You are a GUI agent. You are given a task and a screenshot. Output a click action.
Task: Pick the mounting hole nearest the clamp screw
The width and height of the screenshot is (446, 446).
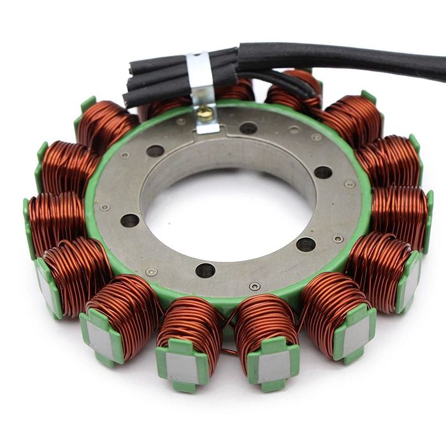click(x=248, y=127)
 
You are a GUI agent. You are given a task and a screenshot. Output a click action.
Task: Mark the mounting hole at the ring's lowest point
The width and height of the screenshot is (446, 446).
click(x=205, y=270)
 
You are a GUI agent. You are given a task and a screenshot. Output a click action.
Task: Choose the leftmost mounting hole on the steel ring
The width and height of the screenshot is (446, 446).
click(x=129, y=220)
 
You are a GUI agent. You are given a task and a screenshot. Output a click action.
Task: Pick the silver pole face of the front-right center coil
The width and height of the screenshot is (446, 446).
click(x=274, y=366)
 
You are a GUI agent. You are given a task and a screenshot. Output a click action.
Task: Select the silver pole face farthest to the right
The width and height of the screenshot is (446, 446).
click(x=411, y=280)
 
